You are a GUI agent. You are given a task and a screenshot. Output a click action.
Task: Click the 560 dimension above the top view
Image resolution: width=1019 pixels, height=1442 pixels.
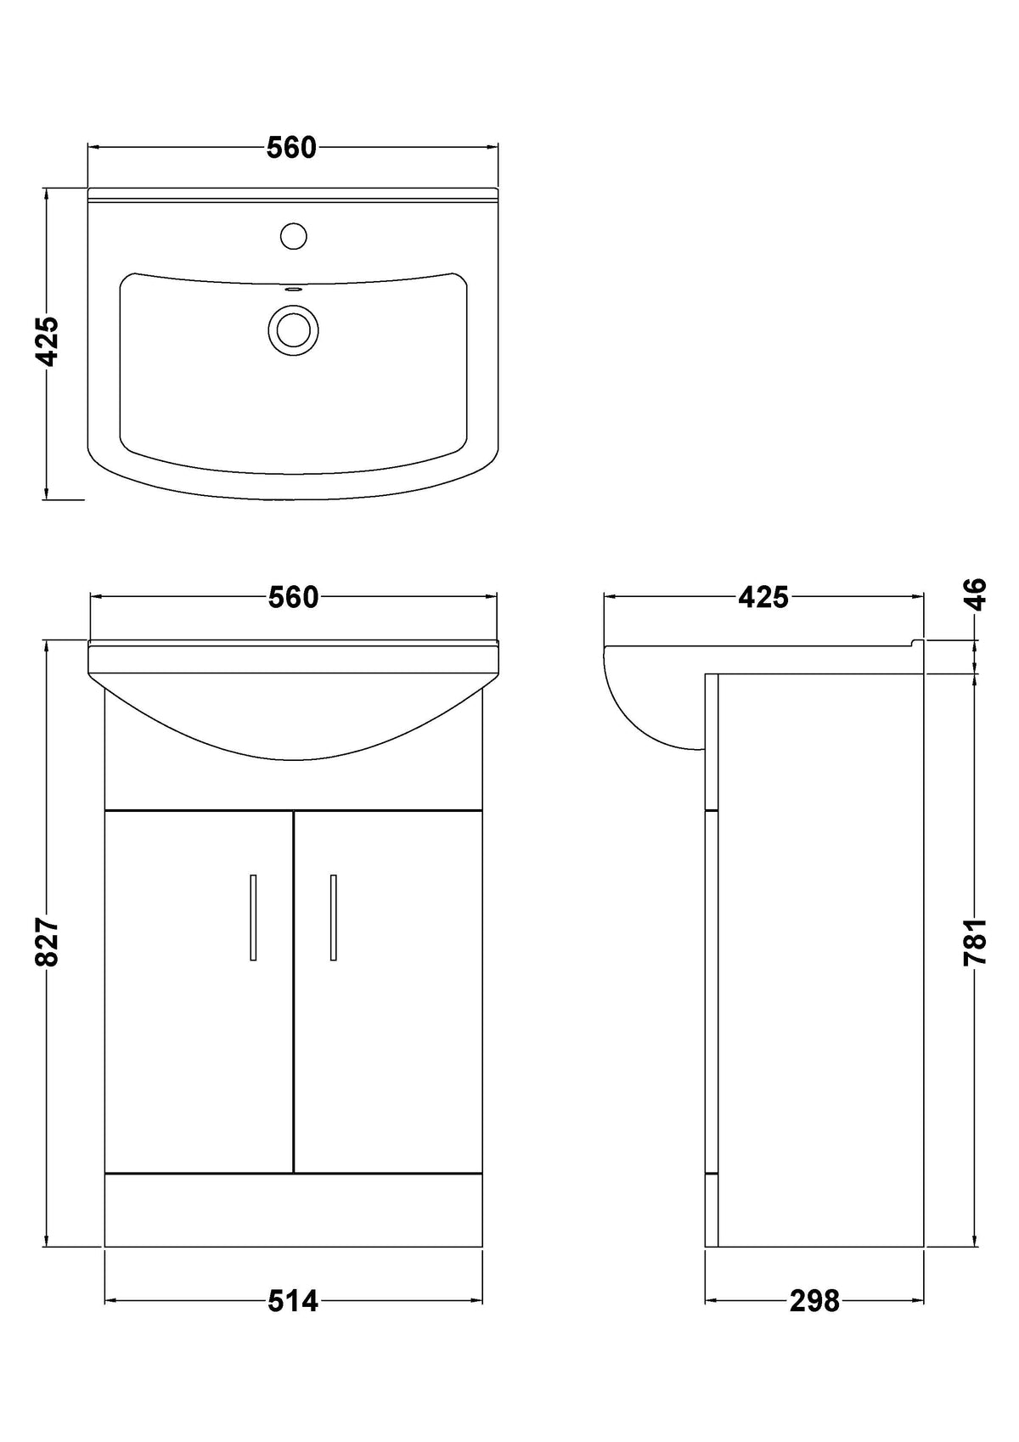click(x=291, y=148)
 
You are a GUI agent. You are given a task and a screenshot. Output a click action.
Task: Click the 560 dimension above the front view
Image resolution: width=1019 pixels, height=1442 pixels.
click(x=293, y=597)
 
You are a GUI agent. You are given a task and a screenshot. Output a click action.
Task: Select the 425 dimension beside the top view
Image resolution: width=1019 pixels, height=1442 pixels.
click(x=47, y=341)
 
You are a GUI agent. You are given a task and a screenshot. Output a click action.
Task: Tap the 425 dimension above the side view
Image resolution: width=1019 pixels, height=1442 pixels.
click(x=763, y=597)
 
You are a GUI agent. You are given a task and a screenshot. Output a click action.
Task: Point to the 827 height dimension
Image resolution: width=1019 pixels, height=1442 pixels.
click(x=47, y=942)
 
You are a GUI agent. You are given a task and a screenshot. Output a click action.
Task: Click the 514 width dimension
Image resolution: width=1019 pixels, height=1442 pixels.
click(x=293, y=1301)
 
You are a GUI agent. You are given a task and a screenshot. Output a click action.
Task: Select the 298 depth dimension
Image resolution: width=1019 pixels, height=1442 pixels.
click(x=814, y=1301)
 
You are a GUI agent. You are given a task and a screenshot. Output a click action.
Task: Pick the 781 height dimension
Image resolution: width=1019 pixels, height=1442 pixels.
click(x=975, y=941)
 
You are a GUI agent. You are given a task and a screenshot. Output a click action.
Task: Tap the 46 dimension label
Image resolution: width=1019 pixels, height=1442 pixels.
click(x=975, y=594)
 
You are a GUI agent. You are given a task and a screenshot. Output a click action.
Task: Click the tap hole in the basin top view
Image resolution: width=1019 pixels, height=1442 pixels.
click(x=294, y=235)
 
